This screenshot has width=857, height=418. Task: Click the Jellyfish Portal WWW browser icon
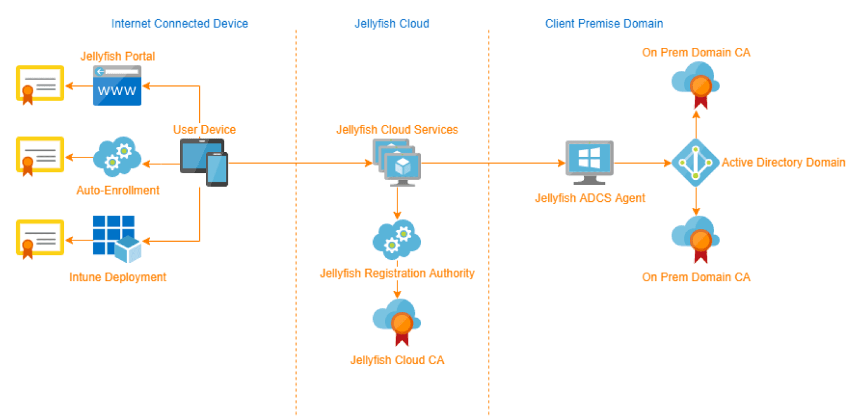pos(117,86)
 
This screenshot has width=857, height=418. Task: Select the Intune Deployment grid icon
pos(117,239)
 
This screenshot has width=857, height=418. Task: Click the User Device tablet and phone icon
pos(203,162)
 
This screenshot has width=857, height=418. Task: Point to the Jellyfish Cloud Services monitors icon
pos(397,162)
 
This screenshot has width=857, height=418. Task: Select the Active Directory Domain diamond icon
pos(695,162)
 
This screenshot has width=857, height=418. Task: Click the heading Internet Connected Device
pos(179,24)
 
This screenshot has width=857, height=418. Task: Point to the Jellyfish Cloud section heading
pos(392,24)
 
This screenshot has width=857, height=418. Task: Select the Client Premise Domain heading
pos(604,24)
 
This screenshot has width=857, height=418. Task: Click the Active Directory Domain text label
pos(783,162)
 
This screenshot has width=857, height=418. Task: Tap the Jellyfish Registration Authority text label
pos(397,273)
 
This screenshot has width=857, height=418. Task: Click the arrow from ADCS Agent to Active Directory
pos(642,163)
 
